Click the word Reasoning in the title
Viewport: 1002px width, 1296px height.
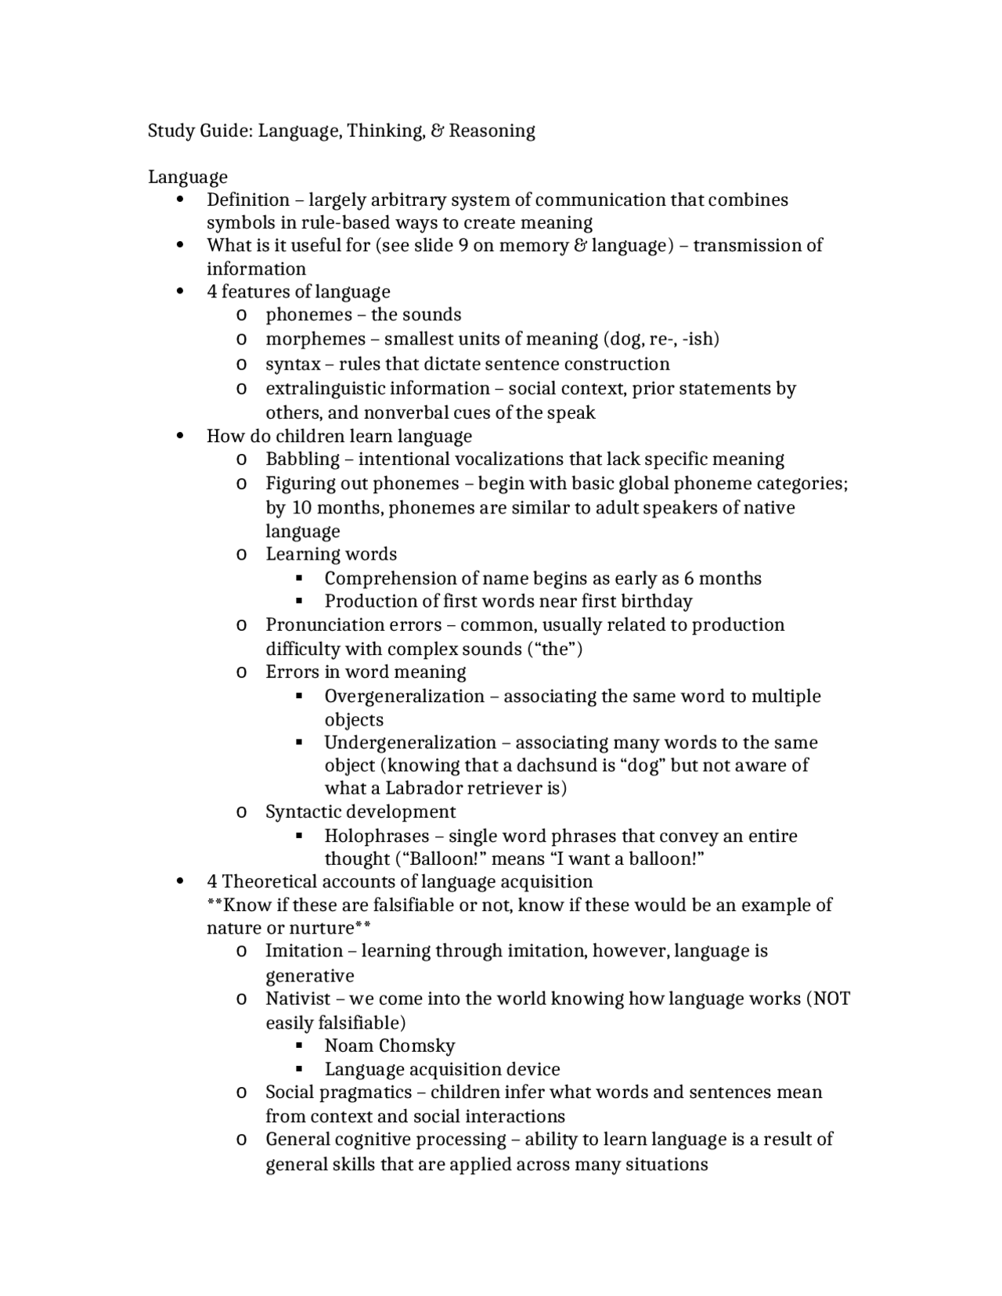tap(492, 131)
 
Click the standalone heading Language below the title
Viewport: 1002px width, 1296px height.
tap(188, 177)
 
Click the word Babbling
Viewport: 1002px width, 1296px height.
tap(302, 459)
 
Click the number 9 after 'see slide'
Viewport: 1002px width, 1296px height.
tap(463, 246)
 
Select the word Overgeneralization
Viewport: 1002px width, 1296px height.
tap(404, 697)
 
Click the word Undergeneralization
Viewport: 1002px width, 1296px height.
tap(410, 743)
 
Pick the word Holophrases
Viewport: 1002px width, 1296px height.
tap(377, 836)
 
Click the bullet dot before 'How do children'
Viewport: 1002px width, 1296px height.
tap(181, 436)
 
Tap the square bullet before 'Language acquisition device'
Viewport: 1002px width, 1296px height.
tap(299, 1068)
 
